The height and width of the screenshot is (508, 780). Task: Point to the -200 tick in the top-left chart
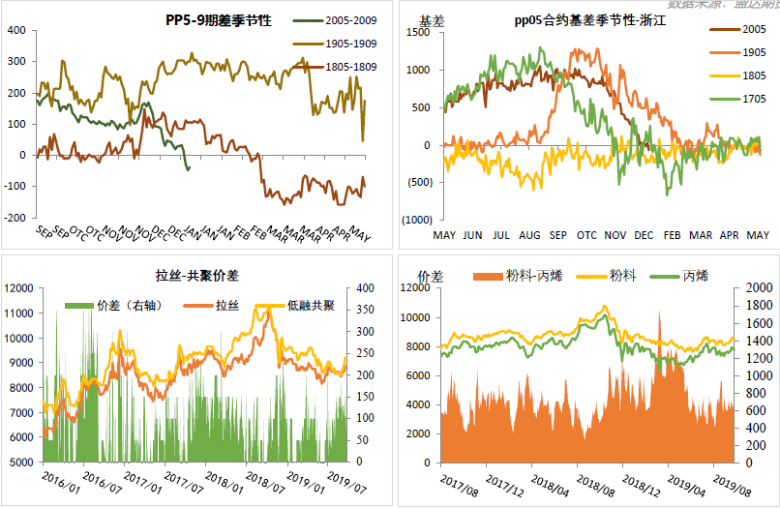(16, 216)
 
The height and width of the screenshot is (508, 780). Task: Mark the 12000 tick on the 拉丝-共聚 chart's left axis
(19, 288)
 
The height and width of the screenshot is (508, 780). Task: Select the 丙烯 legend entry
(693, 277)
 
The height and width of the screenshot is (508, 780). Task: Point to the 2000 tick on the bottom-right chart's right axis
(759, 288)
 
